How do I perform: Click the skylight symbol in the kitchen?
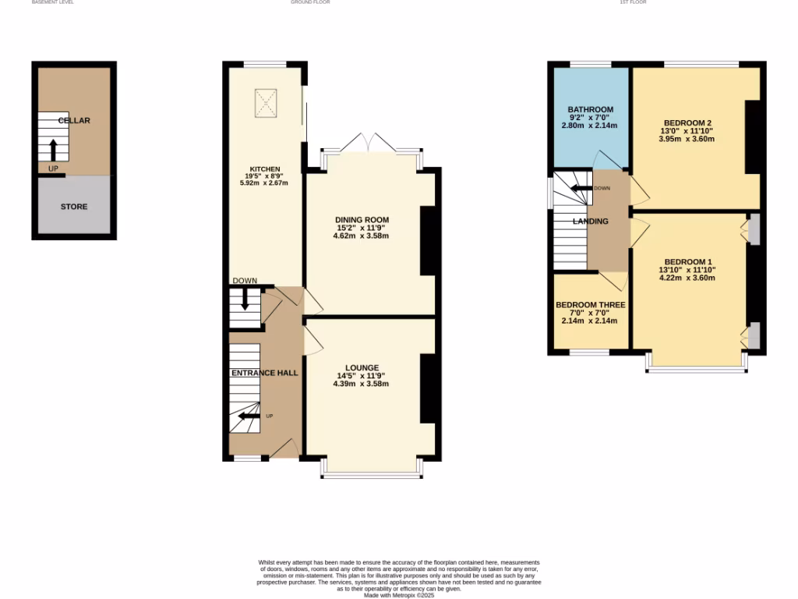(x=267, y=101)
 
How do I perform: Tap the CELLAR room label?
(x=74, y=121)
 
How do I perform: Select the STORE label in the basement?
(x=74, y=207)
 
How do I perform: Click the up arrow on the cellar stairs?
(x=53, y=149)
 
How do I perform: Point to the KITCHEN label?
(x=264, y=169)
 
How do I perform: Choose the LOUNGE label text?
(x=362, y=367)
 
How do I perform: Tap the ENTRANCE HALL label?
(x=264, y=374)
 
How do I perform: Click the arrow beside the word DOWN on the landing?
(x=581, y=188)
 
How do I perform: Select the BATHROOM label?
(x=590, y=109)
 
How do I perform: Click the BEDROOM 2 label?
(x=687, y=123)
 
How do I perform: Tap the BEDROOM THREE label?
(x=590, y=305)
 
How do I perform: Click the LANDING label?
(x=590, y=222)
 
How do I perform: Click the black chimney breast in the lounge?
(x=428, y=388)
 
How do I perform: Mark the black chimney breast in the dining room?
(x=428, y=240)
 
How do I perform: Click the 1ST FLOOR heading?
(x=633, y=2)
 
